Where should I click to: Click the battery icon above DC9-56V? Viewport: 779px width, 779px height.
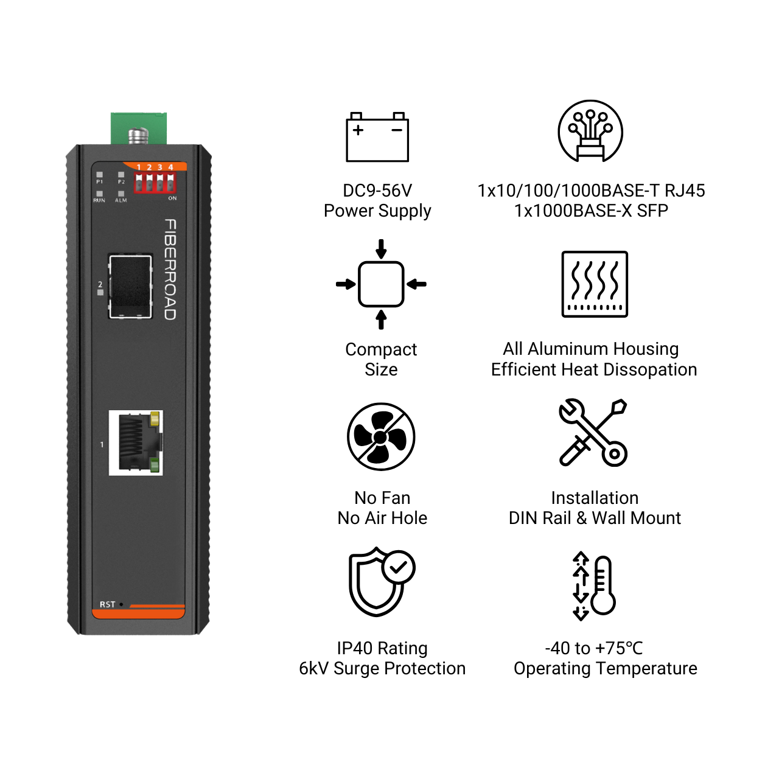tap(377, 137)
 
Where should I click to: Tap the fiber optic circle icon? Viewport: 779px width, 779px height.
tap(590, 131)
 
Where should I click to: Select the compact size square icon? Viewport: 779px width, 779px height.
tap(381, 284)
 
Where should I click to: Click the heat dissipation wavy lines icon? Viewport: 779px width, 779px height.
tap(595, 284)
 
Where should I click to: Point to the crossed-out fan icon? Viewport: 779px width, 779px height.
tap(381, 436)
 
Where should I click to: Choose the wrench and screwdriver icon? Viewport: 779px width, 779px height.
tap(593, 433)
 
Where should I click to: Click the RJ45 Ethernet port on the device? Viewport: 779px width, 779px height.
tap(136, 442)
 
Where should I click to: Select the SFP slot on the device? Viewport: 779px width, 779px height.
tap(131, 286)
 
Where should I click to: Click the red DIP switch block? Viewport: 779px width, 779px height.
tap(155, 183)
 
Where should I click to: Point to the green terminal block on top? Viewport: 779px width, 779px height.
tap(139, 128)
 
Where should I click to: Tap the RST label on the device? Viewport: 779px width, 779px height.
tap(108, 604)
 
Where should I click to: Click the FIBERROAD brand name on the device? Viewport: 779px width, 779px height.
tap(170, 270)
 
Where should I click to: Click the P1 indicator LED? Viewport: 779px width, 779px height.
tap(99, 175)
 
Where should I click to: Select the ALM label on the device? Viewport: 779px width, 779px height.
tap(121, 200)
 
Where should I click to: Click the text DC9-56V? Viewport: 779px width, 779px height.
tap(377, 190)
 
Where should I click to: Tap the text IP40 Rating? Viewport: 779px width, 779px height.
tap(382, 648)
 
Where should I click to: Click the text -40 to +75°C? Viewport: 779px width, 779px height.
tap(594, 648)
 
